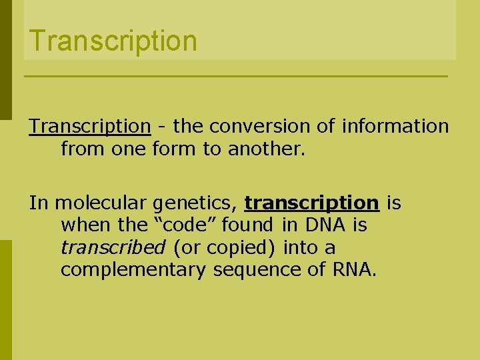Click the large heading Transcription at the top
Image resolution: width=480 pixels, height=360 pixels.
point(113,40)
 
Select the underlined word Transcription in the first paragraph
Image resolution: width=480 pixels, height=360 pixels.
point(89,126)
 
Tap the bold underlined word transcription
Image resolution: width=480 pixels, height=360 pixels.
point(311,203)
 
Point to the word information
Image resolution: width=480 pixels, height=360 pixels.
point(395,126)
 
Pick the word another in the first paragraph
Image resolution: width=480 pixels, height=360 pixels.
point(265,148)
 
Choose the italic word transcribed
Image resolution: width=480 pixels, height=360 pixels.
point(113,248)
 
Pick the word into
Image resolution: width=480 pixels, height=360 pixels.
point(302,248)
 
